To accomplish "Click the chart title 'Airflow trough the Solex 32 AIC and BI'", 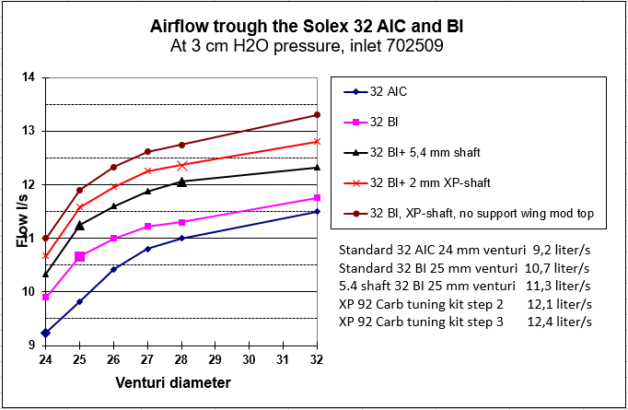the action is [307, 27].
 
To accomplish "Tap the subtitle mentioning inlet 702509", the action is [307, 46].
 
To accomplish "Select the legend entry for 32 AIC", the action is [376, 92].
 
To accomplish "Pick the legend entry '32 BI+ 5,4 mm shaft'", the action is [412, 153].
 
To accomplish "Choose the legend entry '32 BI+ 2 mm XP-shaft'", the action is [417, 183].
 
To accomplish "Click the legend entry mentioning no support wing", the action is [469, 213].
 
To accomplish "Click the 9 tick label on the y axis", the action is [31, 346].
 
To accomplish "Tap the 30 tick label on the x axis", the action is [249, 359].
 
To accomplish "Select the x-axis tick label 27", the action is [147, 359].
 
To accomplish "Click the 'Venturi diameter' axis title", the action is [173, 382].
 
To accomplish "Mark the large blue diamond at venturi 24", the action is [46, 333].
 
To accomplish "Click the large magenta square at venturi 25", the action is [80, 256].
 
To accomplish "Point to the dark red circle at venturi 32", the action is [317, 115].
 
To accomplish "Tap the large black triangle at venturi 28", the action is [181, 182].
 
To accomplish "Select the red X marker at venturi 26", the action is [114, 186].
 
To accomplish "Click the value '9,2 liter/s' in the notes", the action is [562, 250].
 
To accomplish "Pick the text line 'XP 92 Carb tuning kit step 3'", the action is [421, 322].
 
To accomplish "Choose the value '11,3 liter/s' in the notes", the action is [558, 287].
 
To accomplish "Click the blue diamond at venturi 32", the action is [317, 211].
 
